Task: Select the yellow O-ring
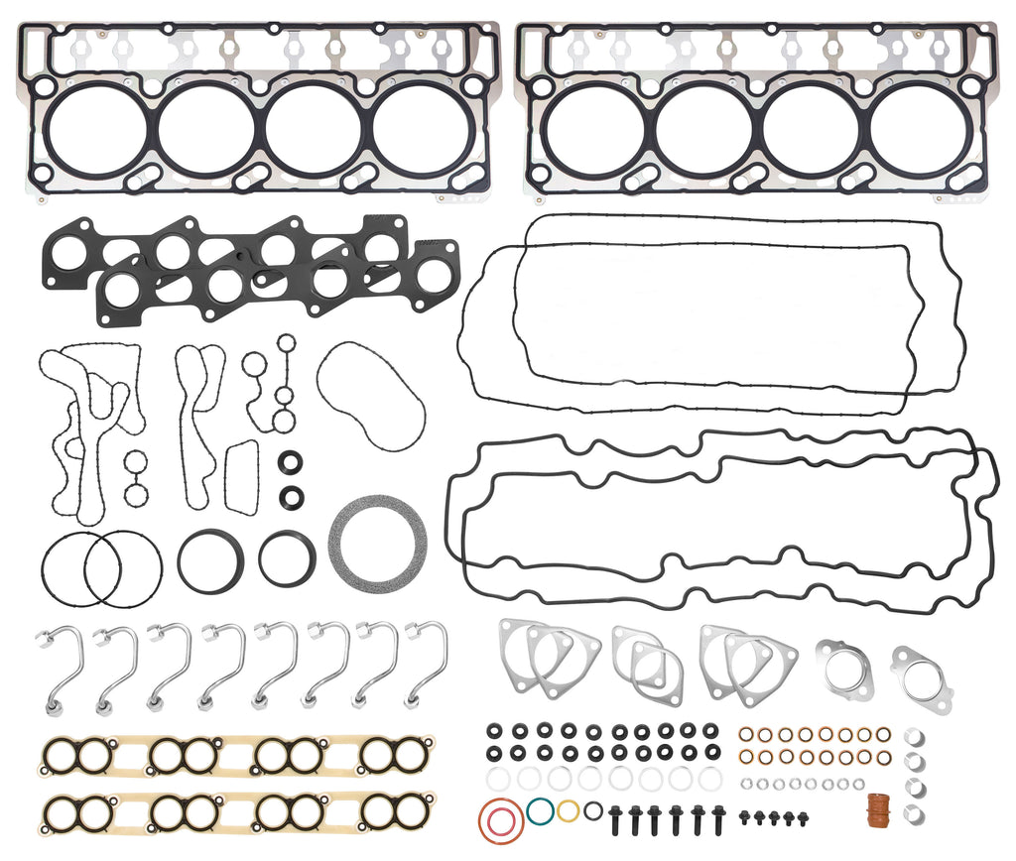click(x=568, y=810)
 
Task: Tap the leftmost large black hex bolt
click(x=614, y=818)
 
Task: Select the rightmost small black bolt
click(x=803, y=818)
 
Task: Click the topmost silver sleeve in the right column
click(x=914, y=737)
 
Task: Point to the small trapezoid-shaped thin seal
click(x=241, y=477)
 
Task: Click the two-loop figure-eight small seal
click(x=135, y=476)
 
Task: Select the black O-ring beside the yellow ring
click(x=592, y=810)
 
